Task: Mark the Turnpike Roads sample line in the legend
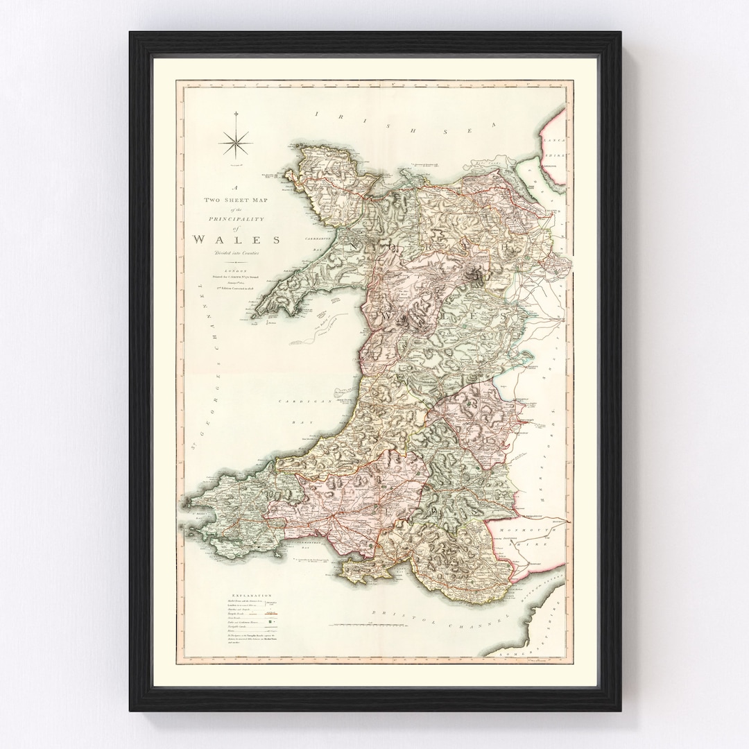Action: pos(270,614)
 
